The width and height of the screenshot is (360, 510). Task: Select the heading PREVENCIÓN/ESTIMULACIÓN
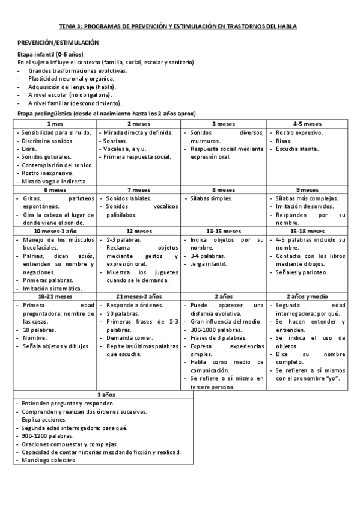58,43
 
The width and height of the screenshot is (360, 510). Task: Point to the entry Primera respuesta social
138,156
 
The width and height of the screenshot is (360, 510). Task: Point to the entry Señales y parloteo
301,272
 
